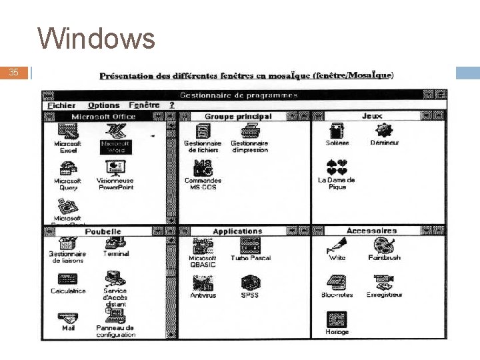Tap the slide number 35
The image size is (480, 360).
pyautogui.click(x=15, y=72)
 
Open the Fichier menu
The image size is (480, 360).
pyautogui.click(x=61, y=105)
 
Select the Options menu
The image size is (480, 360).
pyautogui.click(x=103, y=105)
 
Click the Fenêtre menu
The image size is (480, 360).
pyautogui.click(x=144, y=105)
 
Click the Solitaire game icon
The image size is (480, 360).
pyautogui.click(x=337, y=131)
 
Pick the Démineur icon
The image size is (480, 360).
pyautogui.click(x=385, y=131)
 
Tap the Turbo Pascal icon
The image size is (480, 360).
pyautogui.click(x=250, y=246)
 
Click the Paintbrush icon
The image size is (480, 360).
pyautogui.click(x=383, y=246)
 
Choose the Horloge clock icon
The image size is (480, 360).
pyautogui.click(x=337, y=319)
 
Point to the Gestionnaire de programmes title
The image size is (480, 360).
pyautogui.click(x=239, y=95)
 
